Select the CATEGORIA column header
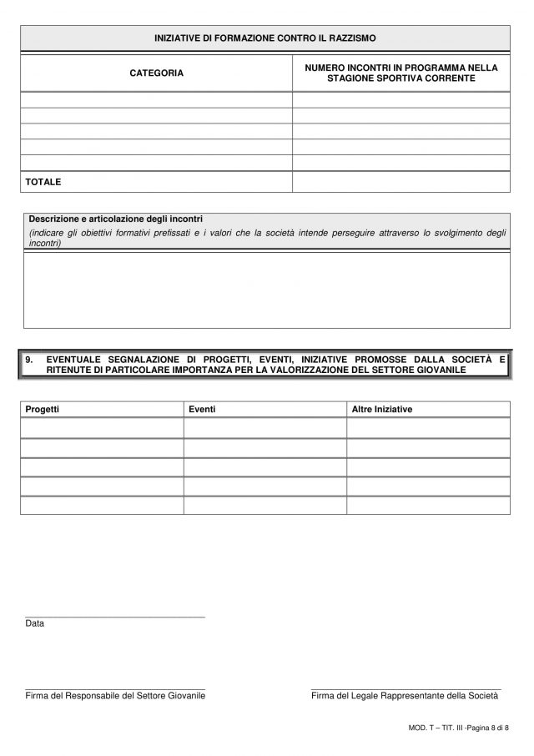click(x=157, y=73)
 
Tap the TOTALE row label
click(x=43, y=181)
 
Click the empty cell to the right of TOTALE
click(x=400, y=181)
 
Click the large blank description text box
click(x=266, y=290)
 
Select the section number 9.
click(x=28, y=360)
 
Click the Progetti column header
click(x=43, y=410)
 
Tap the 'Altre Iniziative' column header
click(x=382, y=410)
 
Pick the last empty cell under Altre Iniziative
click(x=428, y=506)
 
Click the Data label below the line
click(x=35, y=623)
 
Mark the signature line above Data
click(x=115, y=617)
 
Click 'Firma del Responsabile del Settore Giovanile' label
click(x=115, y=694)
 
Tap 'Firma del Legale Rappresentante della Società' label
click(x=404, y=694)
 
